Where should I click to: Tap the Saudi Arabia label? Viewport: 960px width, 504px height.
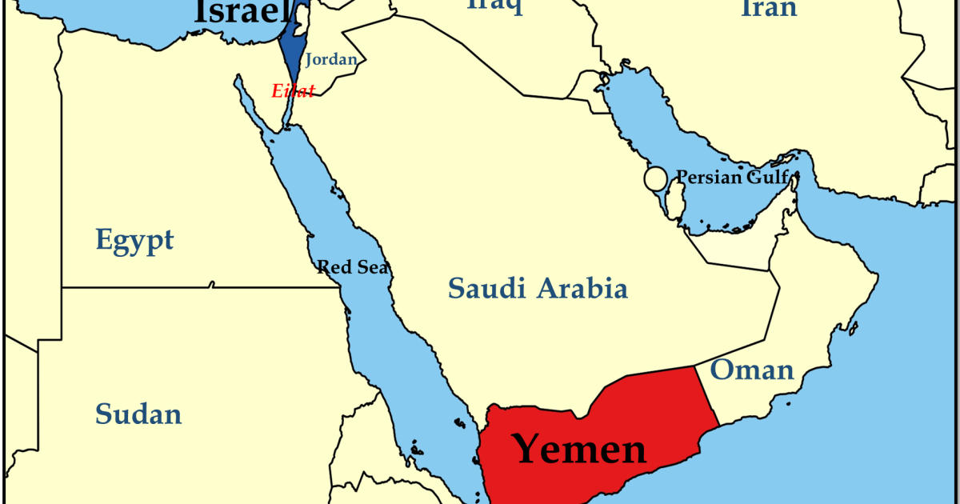(x=538, y=288)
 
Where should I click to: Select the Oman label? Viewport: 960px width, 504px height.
(x=752, y=370)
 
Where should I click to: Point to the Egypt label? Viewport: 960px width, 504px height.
(x=134, y=240)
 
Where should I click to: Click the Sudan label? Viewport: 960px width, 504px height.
(x=138, y=414)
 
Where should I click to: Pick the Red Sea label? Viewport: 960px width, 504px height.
(x=353, y=267)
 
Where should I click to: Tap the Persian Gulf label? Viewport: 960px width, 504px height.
(x=732, y=177)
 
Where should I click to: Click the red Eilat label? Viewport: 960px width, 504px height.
(x=294, y=90)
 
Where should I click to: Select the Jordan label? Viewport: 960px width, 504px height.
(x=330, y=59)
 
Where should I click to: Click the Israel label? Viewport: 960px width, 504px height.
(x=241, y=11)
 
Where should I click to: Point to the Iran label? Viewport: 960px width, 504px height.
(x=769, y=8)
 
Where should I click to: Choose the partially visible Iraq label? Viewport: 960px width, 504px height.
(x=495, y=6)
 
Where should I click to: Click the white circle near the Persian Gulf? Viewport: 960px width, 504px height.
(x=655, y=178)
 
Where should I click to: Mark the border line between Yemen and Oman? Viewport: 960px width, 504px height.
(x=706, y=396)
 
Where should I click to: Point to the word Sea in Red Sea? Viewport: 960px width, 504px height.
(x=374, y=267)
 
